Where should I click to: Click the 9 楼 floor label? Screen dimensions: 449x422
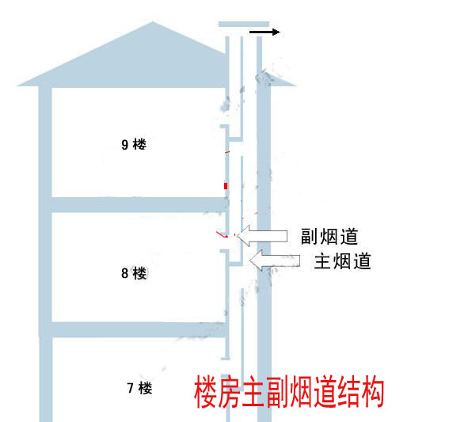(x=134, y=145)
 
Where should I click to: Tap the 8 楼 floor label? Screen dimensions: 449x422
(x=134, y=273)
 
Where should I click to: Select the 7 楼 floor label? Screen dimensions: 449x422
(x=139, y=388)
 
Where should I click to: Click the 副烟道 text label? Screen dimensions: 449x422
(x=329, y=237)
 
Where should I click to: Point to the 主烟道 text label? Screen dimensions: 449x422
(x=342, y=260)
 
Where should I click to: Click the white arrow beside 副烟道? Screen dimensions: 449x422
(x=263, y=236)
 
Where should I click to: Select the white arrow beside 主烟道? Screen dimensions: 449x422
(x=275, y=260)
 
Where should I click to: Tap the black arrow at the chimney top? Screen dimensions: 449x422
(x=264, y=32)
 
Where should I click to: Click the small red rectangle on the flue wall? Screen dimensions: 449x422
(x=226, y=186)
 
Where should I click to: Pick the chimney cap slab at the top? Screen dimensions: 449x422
(x=244, y=24)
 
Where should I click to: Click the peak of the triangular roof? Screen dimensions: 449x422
(x=153, y=21)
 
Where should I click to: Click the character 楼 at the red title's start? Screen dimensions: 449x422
(x=205, y=392)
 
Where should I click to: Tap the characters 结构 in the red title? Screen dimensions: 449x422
(x=361, y=392)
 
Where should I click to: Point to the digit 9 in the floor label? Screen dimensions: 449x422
(x=124, y=145)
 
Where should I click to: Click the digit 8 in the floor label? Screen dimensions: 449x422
(x=124, y=273)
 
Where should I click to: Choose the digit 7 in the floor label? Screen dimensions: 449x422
(x=131, y=389)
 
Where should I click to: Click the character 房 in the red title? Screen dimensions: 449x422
(x=229, y=392)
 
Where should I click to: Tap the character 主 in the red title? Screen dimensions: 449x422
(x=253, y=392)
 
